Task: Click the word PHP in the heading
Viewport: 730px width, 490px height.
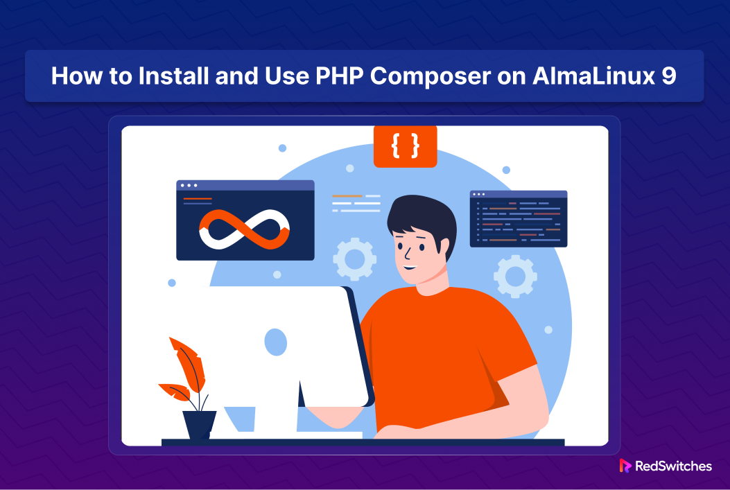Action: pos(338,76)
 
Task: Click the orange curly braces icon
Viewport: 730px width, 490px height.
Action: pos(405,146)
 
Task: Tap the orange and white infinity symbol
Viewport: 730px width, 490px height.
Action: pos(244,227)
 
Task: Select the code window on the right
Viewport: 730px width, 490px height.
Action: pos(518,219)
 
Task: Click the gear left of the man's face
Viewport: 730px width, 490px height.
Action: pos(354,259)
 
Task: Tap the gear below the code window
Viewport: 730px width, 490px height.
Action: pos(515,276)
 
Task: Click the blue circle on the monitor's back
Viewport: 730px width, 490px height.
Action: pos(275,342)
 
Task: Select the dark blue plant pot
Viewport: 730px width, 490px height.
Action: pos(199,423)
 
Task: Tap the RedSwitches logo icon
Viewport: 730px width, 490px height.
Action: pos(625,466)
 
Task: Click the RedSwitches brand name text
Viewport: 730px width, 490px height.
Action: pos(673,466)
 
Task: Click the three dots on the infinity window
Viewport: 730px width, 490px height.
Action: pos(188,186)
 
